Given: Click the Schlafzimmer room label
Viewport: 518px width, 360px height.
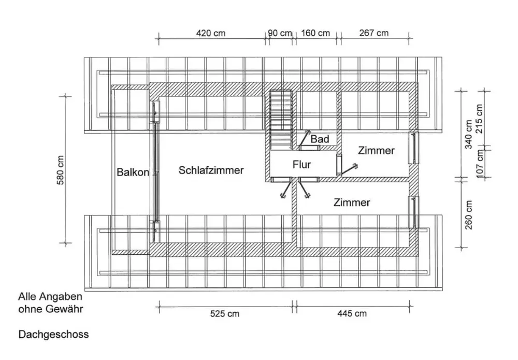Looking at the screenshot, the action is (211, 170).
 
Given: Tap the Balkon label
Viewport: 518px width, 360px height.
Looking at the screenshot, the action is (133, 172).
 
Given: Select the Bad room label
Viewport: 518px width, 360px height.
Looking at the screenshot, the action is (320, 139).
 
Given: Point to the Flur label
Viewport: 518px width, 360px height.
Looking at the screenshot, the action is (301, 165).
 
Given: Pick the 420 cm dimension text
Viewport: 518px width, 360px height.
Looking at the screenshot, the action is (211, 33).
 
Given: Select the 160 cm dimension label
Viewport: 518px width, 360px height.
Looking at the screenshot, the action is (315, 33).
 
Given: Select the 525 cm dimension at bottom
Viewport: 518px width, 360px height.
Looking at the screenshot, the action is (225, 313).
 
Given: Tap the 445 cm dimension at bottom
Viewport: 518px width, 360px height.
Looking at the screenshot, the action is (352, 313).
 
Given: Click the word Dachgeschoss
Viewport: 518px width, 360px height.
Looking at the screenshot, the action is (53, 335).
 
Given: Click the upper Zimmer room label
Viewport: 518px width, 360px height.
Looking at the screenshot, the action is (376, 151).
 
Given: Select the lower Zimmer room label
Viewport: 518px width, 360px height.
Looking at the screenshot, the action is (352, 202).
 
